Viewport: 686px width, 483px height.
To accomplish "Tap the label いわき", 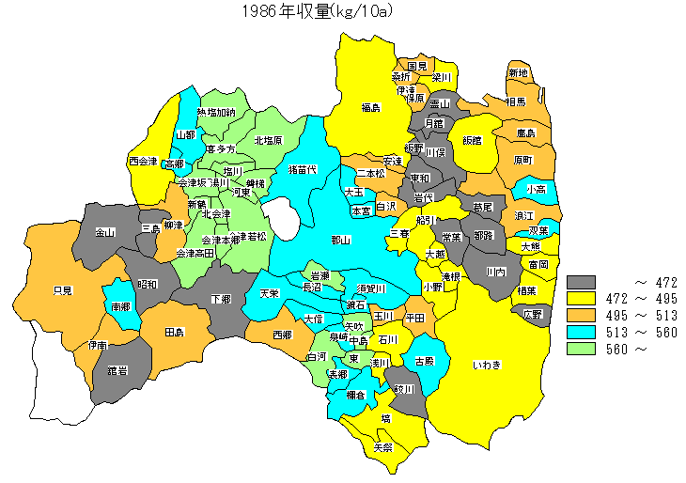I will click(x=487, y=365).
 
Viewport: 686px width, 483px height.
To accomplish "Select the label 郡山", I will click(x=340, y=241).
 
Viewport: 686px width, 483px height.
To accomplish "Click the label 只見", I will click(x=63, y=289).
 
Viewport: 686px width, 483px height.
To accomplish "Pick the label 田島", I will click(x=174, y=333).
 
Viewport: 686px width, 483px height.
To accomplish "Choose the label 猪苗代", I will click(x=303, y=170).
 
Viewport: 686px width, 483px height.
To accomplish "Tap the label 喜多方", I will click(x=220, y=149).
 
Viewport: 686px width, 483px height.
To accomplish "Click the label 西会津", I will click(x=143, y=162).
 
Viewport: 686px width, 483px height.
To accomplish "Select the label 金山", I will click(x=106, y=232).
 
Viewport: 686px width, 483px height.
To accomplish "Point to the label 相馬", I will click(x=515, y=101).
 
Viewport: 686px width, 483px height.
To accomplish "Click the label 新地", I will click(x=518, y=73).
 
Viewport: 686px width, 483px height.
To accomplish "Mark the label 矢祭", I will click(x=382, y=447).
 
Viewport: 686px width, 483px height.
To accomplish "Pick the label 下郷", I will click(x=221, y=300).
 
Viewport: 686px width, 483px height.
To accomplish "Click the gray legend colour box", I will click(x=583, y=281).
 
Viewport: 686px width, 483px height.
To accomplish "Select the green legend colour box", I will click(x=583, y=349).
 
